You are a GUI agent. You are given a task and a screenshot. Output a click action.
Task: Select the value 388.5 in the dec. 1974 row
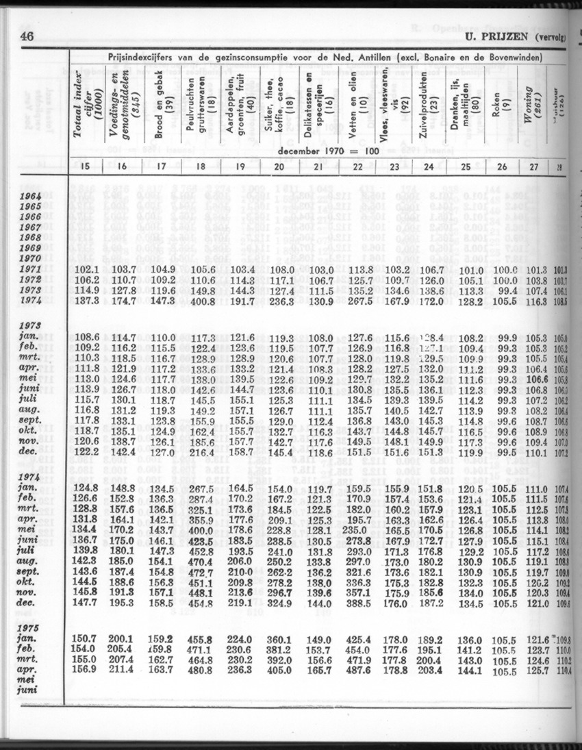point(360,604)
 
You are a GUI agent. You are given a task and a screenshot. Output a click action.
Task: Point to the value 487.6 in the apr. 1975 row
point(360,670)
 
